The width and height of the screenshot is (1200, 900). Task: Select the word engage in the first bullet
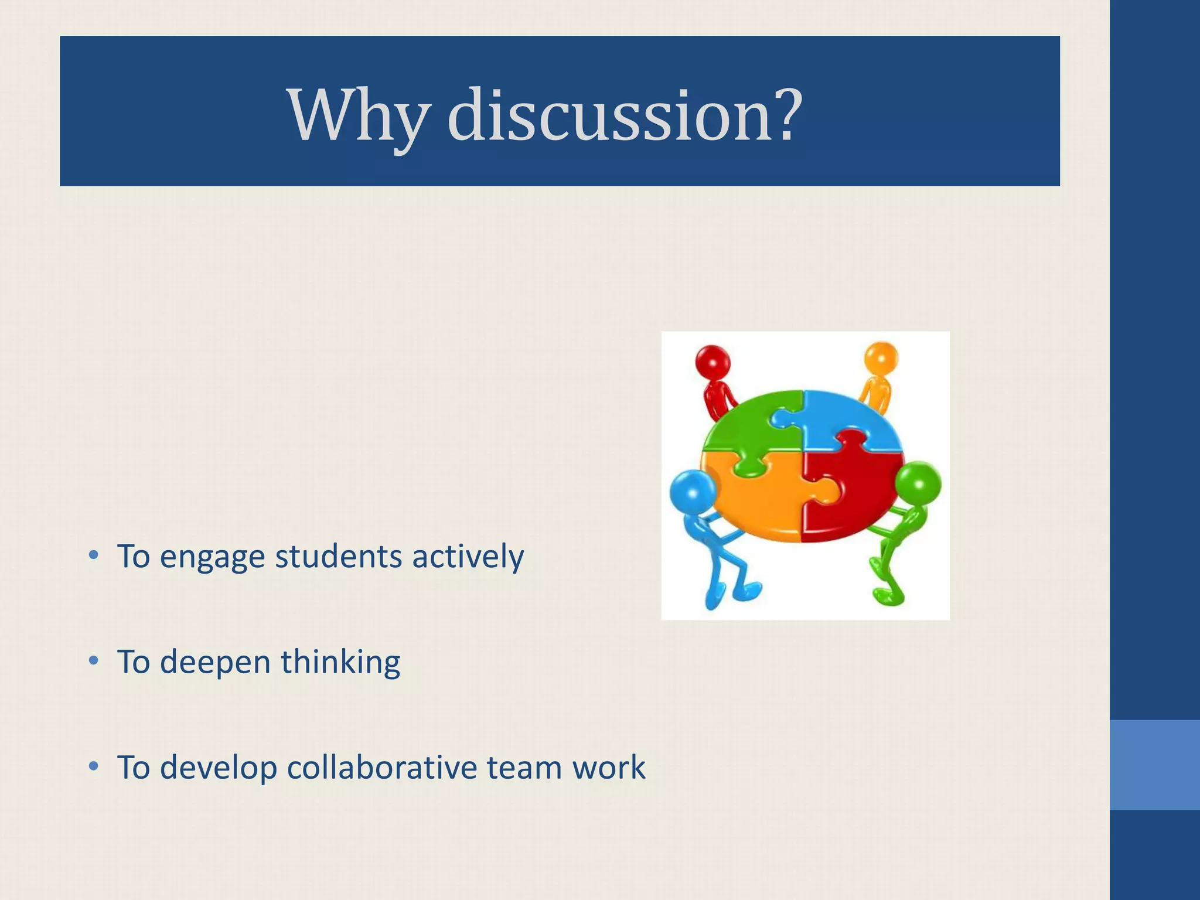[x=212, y=557]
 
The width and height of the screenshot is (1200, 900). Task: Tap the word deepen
[x=215, y=663]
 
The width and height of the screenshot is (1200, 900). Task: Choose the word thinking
[x=340, y=663]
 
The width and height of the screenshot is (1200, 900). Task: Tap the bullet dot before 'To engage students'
[x=93, y=555]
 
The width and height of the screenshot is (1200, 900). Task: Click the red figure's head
[x=712, y=362]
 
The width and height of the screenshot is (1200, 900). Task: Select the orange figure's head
[x=881, y=357]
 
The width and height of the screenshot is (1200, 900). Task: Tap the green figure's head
[x=918, y=485]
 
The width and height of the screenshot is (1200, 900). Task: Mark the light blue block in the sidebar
[x=1155, y=765]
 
